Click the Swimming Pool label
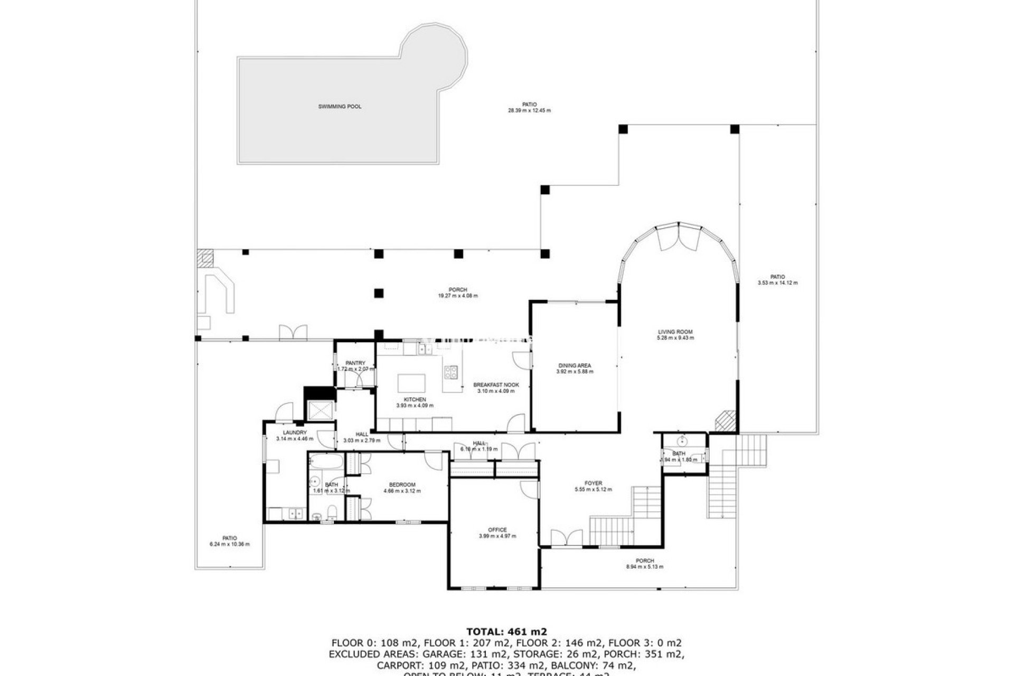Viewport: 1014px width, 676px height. click(340, 107)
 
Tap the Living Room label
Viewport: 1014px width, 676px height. click(675, 332)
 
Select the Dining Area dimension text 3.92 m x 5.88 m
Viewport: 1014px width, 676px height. click(575, 372)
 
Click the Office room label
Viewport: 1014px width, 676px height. click(497, 530)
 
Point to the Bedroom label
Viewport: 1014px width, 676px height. click(402, 485)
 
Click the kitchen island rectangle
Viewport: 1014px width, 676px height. click(411, 382)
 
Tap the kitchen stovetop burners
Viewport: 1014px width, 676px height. click(451, 372)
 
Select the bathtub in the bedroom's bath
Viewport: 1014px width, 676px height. click(326, 462)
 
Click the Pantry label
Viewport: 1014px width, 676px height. click(355, 363)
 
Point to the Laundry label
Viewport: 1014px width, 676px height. click(294, 433)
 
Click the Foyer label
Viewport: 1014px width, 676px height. click(593, 483)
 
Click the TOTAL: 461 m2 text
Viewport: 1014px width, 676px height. click(506, 631)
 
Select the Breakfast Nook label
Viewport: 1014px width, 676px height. click(495, 385)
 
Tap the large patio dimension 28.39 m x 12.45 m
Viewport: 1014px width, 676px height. click(529, 111)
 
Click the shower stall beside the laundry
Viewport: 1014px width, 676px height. click(320, 410)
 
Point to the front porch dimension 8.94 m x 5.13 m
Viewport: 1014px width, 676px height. click(644, 567)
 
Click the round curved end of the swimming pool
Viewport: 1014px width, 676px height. click(435, 53)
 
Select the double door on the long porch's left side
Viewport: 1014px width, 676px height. click(293, 332)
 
